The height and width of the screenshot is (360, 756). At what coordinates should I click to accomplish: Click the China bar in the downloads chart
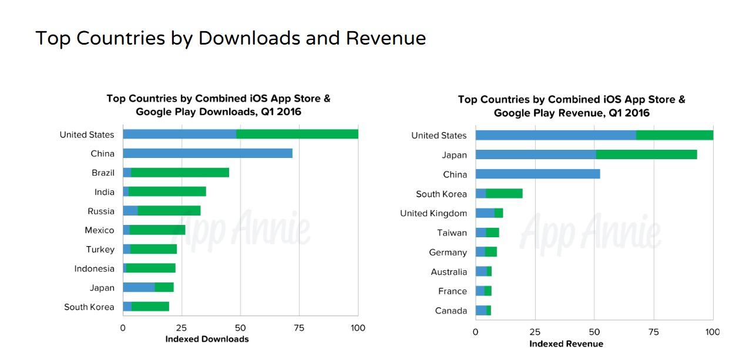[207, 153]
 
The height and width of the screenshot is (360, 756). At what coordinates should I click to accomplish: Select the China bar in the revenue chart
[537, 174]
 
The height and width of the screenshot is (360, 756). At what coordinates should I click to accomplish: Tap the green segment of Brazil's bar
[180, 173]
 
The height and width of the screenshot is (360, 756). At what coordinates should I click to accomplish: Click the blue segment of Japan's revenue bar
[535, 154]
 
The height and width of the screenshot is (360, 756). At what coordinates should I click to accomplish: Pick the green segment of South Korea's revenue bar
[504, 193]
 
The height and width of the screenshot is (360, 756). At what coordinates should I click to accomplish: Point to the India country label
[105, 192]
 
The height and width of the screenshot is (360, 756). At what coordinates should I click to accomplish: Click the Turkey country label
[100, 250]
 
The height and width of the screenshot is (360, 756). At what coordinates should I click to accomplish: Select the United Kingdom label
[434, 213]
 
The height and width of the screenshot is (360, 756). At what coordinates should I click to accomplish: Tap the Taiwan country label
[452, 233]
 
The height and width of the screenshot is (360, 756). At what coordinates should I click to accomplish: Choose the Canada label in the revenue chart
[451, 311]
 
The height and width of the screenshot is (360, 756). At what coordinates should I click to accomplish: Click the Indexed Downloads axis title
[207, 339]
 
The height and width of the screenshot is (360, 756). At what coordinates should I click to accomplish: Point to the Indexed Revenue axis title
[566, 344]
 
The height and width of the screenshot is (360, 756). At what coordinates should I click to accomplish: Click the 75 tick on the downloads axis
[299, 328]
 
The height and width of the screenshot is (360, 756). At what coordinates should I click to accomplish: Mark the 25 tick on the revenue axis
[535, 332]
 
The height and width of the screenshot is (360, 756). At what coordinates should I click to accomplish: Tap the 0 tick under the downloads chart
[123, 328]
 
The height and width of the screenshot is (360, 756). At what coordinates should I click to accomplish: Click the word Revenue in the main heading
[385, 38]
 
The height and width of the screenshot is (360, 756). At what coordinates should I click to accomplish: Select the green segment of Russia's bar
[169, 211]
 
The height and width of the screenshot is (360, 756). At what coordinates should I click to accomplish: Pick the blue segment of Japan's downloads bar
[139, 288]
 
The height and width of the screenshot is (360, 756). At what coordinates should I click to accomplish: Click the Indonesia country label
[94, 268]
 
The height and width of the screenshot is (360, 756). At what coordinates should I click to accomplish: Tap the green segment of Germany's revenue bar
[491, 252]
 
